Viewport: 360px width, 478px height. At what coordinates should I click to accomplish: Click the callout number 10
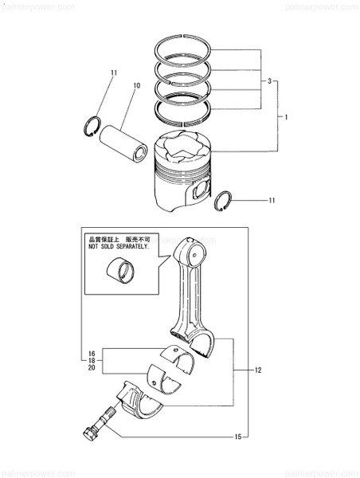pos(136,85)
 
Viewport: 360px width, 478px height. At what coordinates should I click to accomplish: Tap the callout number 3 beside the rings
pos(270,82)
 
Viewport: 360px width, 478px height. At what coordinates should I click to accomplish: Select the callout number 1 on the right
pos(285,116)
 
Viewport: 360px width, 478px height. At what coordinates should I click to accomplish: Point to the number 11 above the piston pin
pos(114,73)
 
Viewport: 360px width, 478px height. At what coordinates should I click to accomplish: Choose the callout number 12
pos(257,370)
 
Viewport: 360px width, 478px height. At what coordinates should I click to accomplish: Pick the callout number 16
pos(92,353)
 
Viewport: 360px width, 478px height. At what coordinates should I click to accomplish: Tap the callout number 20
pos(92,369)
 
